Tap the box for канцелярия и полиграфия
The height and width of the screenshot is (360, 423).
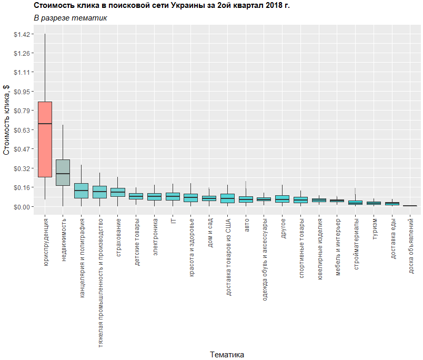click(81, 191)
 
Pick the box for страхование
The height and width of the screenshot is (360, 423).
click(118, 192)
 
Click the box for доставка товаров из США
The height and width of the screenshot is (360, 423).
click(227, 198)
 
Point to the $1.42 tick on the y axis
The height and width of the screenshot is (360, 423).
click(23, 34)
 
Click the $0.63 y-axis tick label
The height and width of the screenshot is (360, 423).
click(23, 130)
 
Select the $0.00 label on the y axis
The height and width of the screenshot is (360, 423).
click(23, 206)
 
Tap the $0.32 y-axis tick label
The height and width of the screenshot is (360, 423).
click(23, 168)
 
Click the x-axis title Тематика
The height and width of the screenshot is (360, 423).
click(227, 354)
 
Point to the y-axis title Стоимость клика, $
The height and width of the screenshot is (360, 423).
click(7, 121)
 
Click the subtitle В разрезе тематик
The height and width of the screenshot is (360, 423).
click(70, 18)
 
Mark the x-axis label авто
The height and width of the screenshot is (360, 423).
click(246, 224)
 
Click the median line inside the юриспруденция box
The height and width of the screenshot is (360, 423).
click(45, 124)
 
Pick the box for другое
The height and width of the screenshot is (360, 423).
click(283, 199)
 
